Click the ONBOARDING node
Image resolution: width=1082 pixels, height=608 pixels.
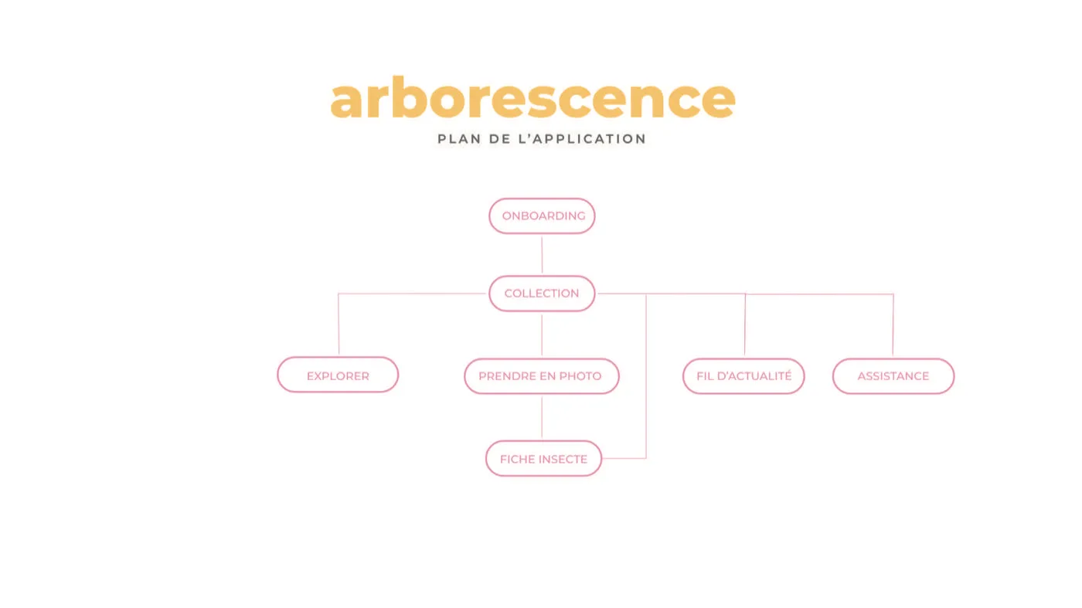pyautogui.click(x=542, y=216)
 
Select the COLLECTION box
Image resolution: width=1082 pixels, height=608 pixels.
pyautogui.click(x=542, y=294)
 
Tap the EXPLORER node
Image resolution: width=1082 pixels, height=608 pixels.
pyautogui.click(x=338, y=375)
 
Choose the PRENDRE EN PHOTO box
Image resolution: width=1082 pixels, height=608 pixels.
pyautogui.click(x=542, y=376)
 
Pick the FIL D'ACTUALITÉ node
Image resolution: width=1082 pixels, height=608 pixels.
pyautogui.click(x=743, y=376)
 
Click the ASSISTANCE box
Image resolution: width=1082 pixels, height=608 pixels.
pyautogui.click(x=893, y=376)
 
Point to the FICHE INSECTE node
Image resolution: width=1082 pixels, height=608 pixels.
pyautogui.click(x=543, y=458)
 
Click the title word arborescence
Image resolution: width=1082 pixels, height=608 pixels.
pyautogui.click(x=532, y=97)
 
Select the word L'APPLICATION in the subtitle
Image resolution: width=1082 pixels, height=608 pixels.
pyautogui.click(x=582, y=139)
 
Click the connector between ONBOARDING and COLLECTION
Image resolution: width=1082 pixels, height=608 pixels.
pyautogui.click(x=542, y=255)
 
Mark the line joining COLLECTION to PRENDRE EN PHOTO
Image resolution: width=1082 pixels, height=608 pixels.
pyautogui.click(x=542, y=335)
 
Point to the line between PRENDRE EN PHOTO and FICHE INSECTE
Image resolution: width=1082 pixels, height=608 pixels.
pyautogui.click(x=542, y=417)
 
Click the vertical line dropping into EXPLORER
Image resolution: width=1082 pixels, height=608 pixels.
pyautogui.click(x=339, y=324)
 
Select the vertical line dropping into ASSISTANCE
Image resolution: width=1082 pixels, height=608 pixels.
pyautogui.click(x=893, y=325)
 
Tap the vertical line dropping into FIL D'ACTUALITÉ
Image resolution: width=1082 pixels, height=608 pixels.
pyautogui.click(x=745, y=325)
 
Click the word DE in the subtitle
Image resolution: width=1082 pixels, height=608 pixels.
pyautogui.click(x=499, y=139)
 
